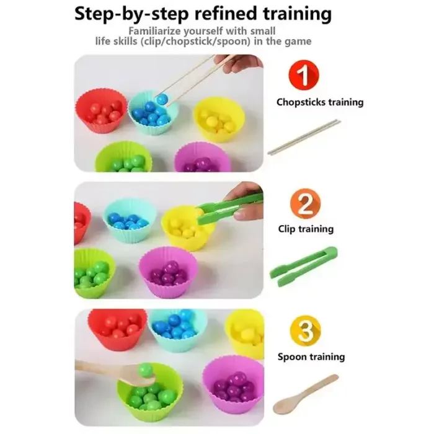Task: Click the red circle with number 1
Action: [x=304, y=75]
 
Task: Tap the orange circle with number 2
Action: [x=305, y=204]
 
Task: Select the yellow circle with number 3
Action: [x=305, y=330]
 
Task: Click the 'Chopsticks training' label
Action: [x=320, y=102]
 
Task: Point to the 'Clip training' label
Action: [x=306, y=229]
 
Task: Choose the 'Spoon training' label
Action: [x=311, y=356]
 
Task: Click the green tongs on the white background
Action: [x=303, y=267]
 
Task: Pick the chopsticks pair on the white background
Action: [x=304, y=137]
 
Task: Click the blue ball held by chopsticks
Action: [x=161, y=99]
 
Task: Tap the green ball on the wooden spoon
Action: [x=145, y=370]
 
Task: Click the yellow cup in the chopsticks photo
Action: [x=219, y=119]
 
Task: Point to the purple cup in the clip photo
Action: [x=168, y=272]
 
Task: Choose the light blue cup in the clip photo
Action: [x=130, y=220]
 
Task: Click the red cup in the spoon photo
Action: [x=118, y=329]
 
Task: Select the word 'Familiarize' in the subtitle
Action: [x=155, y=31]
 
